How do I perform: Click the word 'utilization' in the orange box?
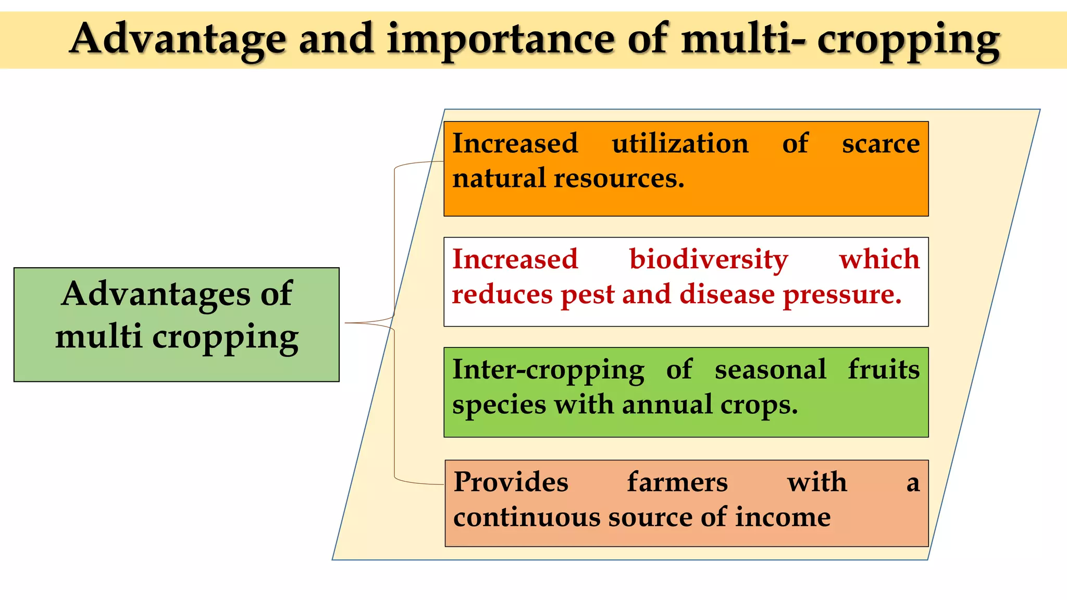[x=680, y=143]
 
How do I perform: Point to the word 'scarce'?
[x=880, y=144]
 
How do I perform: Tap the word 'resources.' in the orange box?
[x=619, y=179]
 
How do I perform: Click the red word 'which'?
[x=879, y=259]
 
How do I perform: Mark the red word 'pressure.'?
[x=842, y=295]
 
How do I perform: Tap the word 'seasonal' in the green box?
[x=770, y=370]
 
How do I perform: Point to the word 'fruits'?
[x=884, y=370]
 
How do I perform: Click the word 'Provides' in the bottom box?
[x=511, y=482]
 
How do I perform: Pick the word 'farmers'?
[x=677, y=482]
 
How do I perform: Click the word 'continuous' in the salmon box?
[x=526, y=517]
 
